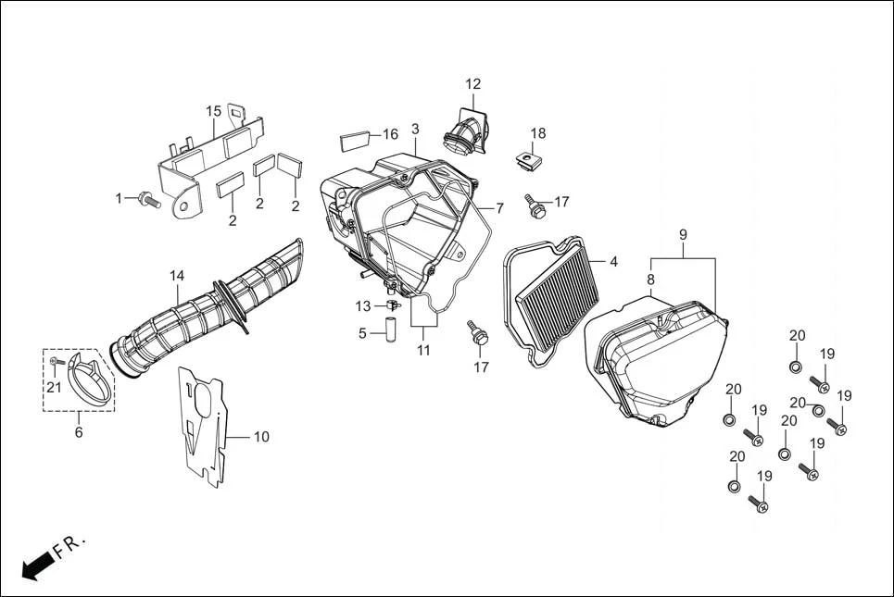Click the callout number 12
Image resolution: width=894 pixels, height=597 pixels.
(x=473, y=84)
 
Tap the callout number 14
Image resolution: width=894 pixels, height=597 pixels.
(x=176, y=276)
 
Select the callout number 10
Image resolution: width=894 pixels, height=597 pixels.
(x=261, y=436)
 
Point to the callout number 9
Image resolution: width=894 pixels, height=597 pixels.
(x=683, y=235)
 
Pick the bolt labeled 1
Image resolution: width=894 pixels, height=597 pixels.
(x=148, y=199)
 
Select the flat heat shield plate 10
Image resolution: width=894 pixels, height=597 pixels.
(x=204, y=421)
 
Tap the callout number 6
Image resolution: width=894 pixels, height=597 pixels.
(x=79, y=432)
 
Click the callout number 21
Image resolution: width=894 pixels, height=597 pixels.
(x=55, y=388)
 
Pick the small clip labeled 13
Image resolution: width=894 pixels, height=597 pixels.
(x=393, y=305)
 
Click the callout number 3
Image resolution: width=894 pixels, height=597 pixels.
(x=415, y=129)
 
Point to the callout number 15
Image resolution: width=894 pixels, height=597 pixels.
(x=213, y=112)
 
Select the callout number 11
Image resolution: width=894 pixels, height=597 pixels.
(x=423, y=351)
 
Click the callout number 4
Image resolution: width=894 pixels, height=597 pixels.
(x=612, y=262)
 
